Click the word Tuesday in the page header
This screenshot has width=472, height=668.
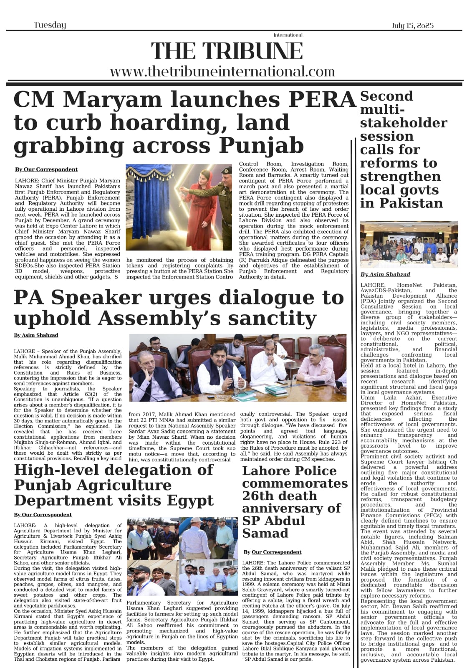point(50,25)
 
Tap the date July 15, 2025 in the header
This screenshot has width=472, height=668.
point(412,25)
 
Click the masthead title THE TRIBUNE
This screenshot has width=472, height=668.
point(227,51)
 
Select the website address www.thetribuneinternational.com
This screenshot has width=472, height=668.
point(222,71)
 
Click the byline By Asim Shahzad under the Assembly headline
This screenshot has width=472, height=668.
point(36,335)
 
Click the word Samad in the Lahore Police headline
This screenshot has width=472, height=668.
point(265,533)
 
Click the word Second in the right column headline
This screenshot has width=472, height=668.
point(386,96)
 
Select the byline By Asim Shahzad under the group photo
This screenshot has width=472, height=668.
point(385,274)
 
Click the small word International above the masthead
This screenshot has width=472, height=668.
point(288,35)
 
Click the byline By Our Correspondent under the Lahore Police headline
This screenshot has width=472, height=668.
point(273,552)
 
